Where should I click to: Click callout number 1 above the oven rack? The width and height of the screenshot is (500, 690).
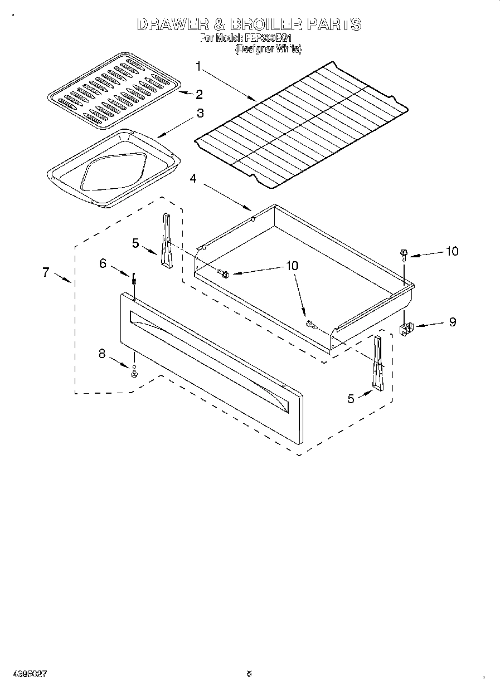pyautogui.click(x=200, y=67)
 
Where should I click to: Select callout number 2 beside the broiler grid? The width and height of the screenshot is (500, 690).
pyautogui.click(x=198, y=94)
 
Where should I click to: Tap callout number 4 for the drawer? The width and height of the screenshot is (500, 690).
pyautogui.click(x=193, y=179)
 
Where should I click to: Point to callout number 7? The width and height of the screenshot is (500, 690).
pyautogui.click(x=46, y=272)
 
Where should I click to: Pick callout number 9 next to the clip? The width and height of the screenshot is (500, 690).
pyautogui.click(x=452, y=322)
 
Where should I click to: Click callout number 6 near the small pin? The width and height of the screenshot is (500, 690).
pyautogui.click(x=103, y=263)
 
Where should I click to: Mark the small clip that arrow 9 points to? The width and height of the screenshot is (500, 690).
pyautogui.click(x=406, y=329)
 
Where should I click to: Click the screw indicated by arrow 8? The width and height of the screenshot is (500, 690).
pyautogui.click(x=134, y=373)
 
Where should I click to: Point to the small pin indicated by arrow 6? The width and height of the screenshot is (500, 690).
pyautogui.click(x=134, y=279)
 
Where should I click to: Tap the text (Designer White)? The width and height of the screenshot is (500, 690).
pyautogui.click(x=268, y=49)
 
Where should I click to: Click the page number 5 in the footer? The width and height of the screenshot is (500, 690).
pyautogui.click(x=249, y=673)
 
